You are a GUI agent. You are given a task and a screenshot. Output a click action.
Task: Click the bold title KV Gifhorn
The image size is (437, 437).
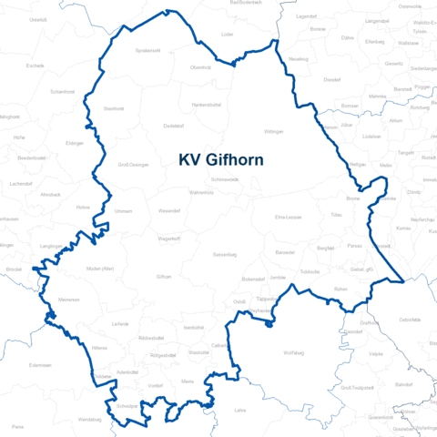(221, 159)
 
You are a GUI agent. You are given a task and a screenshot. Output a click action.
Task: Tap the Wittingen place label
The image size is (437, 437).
(274, 132)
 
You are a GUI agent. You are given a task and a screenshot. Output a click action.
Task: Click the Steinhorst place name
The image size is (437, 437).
(114, 108)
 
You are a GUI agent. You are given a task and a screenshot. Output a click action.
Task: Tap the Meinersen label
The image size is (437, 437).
(69, 299)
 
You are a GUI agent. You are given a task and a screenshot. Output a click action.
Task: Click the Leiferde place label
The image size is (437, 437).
(120, 323)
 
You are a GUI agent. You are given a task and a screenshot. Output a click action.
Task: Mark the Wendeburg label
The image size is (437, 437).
(89, 419)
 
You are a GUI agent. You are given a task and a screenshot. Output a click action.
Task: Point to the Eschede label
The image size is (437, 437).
(36, 66)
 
